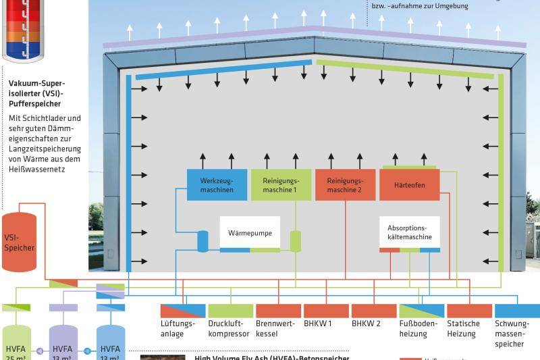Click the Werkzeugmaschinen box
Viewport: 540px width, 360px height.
[x=217, y=184]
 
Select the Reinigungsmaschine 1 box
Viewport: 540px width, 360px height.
[x=281, y=184]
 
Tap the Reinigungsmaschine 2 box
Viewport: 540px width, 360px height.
[x=345, y=184]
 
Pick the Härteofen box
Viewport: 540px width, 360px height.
[x=409, y=184]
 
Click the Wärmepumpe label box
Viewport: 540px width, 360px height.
[x=250, y=232]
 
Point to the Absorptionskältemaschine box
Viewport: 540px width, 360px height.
[x=409, y=232]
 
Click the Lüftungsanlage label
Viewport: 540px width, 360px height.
[x=178, y=328]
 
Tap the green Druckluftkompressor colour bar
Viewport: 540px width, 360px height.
[x=230, y=311]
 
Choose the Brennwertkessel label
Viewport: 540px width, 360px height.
[x=275, y=328]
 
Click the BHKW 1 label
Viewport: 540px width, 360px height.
[x=318, y=324]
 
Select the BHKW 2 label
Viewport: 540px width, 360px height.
[x=367, y=324]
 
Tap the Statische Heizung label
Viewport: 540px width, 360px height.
[x=464, y=328]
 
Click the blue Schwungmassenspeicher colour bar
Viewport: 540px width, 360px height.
[x=517, y=311]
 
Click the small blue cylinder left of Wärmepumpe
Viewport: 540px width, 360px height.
[x=202, y=241]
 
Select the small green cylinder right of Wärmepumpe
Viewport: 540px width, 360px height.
[x=295, y=241]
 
